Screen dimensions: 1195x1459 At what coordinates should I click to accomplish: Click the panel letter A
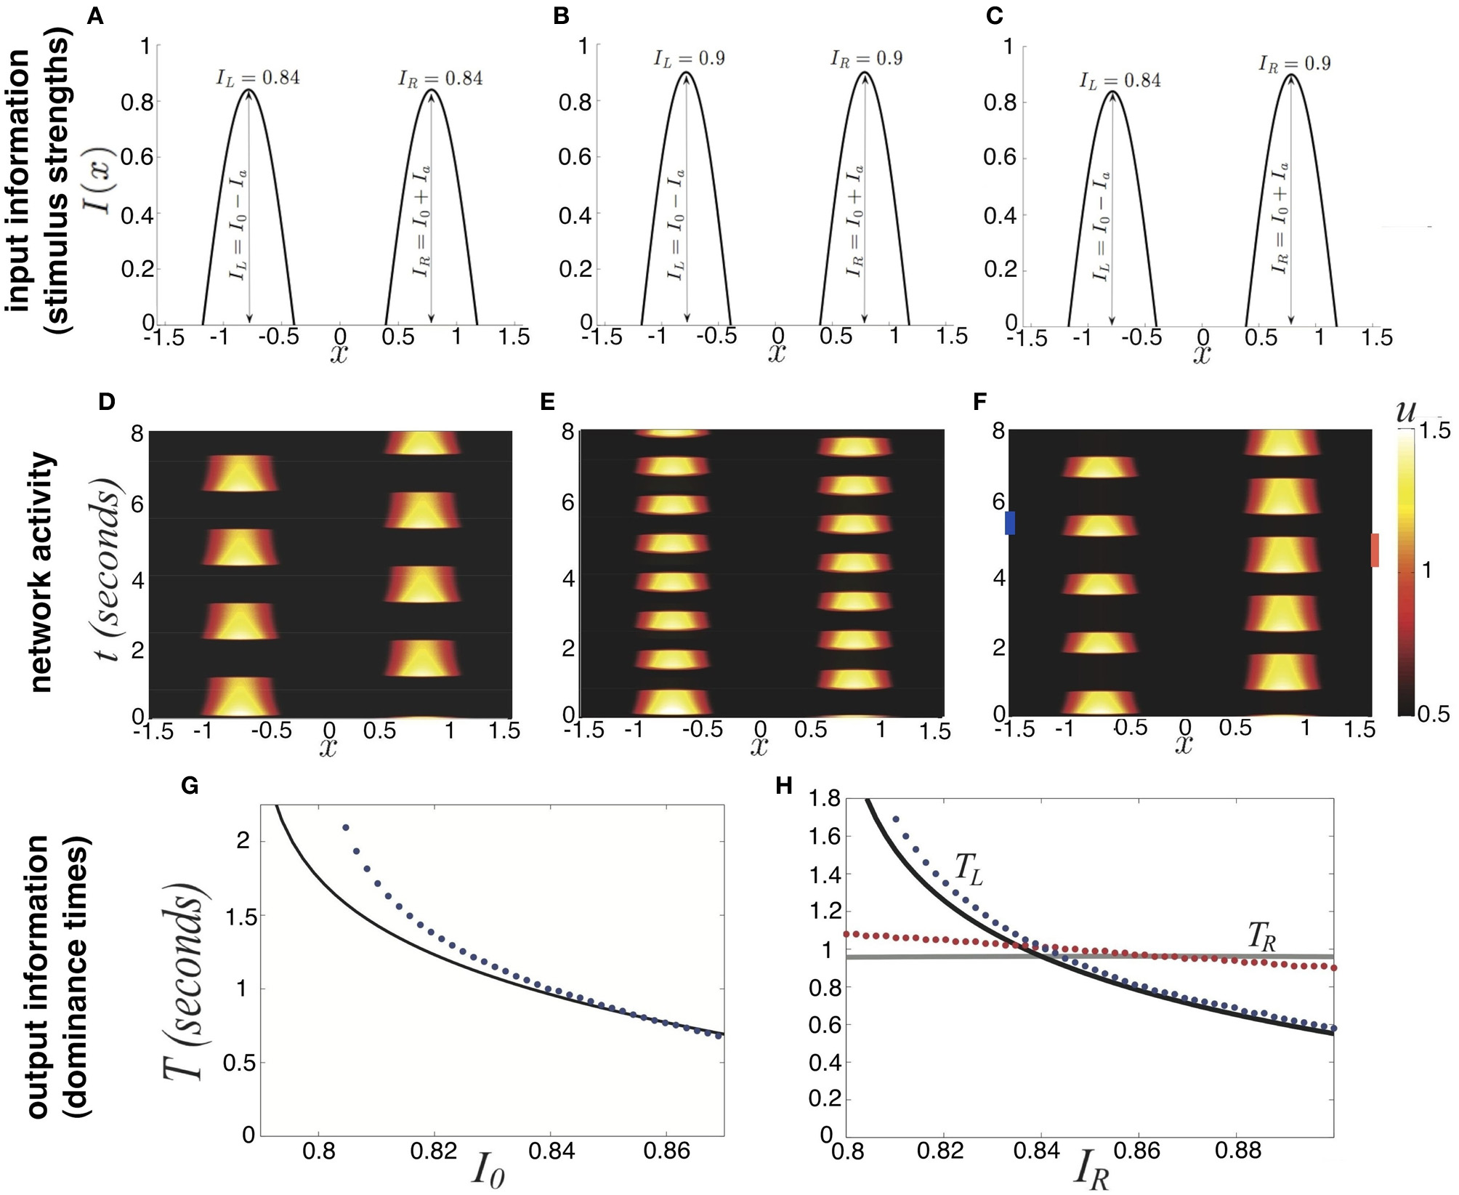coord(95,16)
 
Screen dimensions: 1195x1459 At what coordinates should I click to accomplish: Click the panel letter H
coord(784,786)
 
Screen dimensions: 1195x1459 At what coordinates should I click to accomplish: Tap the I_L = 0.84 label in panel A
coord(258,78)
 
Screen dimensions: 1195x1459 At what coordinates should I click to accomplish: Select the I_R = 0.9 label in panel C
coord(1295,63)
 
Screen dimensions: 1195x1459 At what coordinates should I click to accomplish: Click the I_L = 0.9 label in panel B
coord(689,58)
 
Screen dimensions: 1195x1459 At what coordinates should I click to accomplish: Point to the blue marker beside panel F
coord(1009,523)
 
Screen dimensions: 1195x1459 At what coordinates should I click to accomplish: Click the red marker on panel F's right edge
coord(1375,550)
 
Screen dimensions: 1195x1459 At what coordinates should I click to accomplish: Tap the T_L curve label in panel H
coord(968,869)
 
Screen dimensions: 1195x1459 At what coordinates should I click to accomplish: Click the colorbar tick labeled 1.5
coord(1434,430)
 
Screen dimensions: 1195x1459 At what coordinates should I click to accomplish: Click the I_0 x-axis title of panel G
coord(488,1170)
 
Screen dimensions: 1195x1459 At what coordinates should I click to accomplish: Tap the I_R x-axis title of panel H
coord(1091,1169)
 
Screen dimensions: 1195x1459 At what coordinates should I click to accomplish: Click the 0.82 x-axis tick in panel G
coord(434,1151)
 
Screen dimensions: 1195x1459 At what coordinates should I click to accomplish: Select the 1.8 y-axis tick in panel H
coord(824,799)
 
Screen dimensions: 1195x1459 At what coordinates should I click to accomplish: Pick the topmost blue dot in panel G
coord(346,827)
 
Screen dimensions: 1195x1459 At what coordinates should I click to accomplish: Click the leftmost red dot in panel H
coord(846,933)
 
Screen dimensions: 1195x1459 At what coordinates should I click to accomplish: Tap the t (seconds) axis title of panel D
coord(108,570)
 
